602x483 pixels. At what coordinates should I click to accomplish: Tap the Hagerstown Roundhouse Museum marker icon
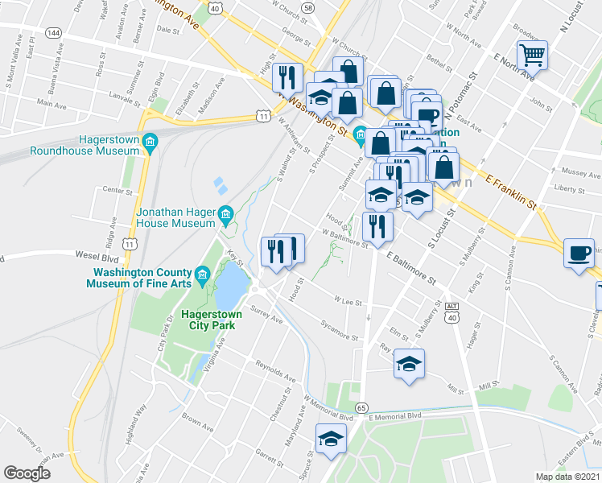coord(149,142)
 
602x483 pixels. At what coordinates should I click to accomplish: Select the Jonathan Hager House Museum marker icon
coord(226,214)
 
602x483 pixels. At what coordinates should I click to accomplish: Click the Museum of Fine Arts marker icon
coord(201,275)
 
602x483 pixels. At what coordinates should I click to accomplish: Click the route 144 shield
coord(53,33)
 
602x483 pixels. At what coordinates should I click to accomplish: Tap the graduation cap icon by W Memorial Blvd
coord(331,439)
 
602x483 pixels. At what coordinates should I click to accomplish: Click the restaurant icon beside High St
coord(287,77)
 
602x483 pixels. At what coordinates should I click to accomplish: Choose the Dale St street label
coord(167,29)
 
